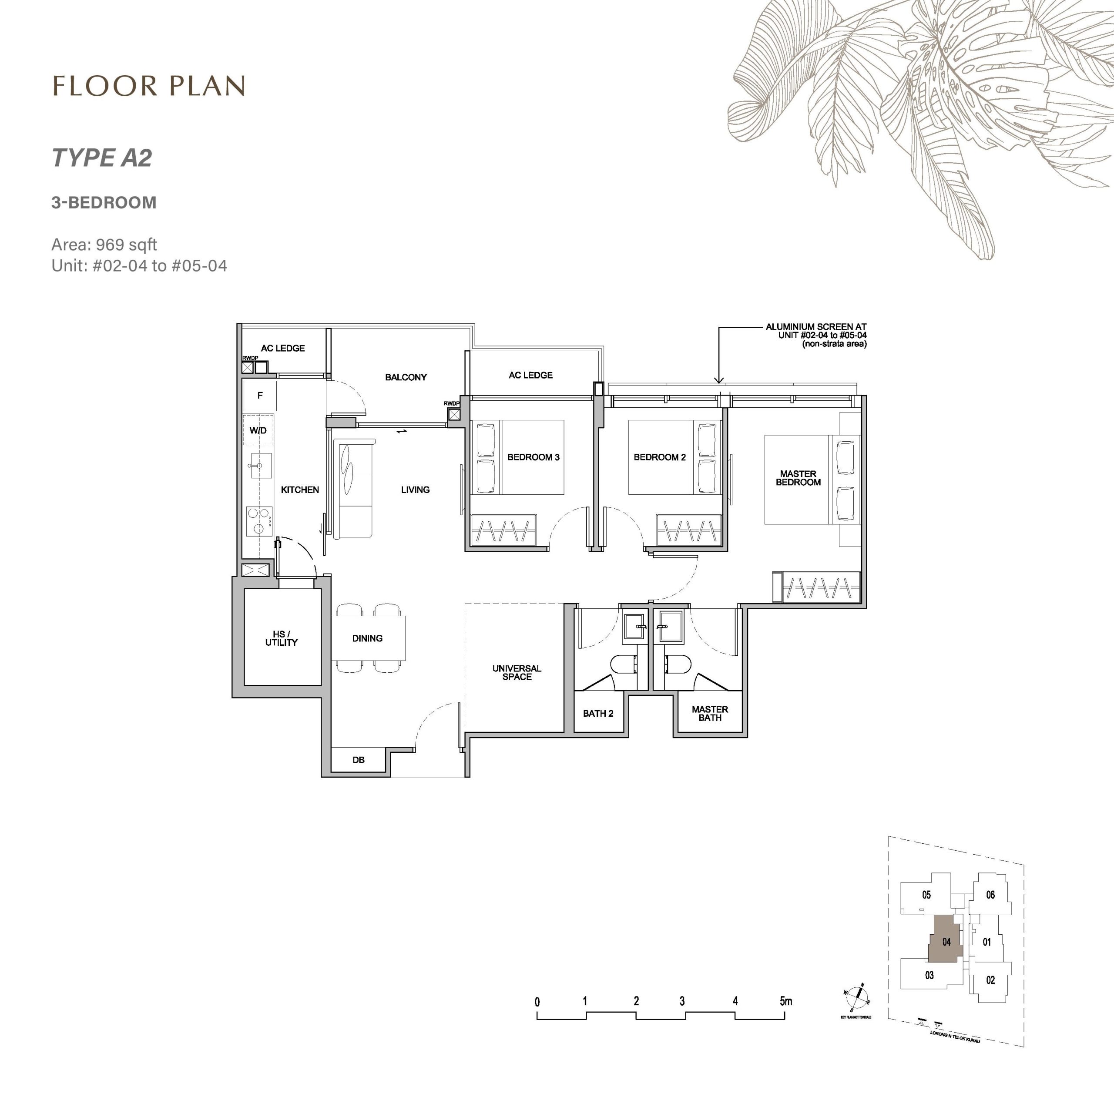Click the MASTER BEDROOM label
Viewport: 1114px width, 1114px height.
pyautogui.click(x=798, y=478)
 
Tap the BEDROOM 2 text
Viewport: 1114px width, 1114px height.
pyautogui.click(x=660, y=457)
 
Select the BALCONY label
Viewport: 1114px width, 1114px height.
pyautogui.click(x=406, y=377)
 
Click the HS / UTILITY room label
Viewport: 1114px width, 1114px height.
pyautogui.click(x=282, y=638)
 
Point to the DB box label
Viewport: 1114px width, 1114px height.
pyautogui.click(x=358, y=760)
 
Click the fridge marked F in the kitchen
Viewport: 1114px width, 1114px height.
pyautogui.click(x=260, y=396)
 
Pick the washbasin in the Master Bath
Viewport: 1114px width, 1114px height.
pyautogui.click(x=669, y=626)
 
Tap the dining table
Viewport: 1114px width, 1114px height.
pyautogui.click(x=368, y=638)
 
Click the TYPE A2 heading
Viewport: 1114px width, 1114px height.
pyautogui.click(x=102, y=158)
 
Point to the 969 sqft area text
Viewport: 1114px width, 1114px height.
pyautogui.click(x=126, y=245)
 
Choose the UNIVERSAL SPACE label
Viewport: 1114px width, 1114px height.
pyautogui.click(x=517, y=672)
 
